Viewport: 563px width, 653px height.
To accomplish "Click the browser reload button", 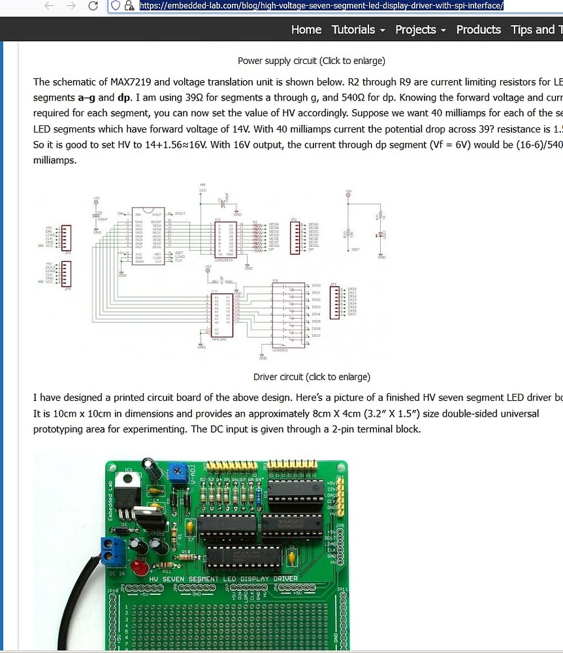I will tap(93, 6).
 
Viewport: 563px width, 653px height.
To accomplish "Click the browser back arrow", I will tap(48, 6).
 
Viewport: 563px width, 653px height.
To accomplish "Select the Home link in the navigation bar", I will tap(306, 29).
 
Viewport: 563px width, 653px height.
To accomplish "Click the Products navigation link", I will tap(478, 29).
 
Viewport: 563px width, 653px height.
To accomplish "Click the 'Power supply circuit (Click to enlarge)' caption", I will tap(311, 61).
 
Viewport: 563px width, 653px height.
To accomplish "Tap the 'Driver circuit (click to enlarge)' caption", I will tap(312, 377).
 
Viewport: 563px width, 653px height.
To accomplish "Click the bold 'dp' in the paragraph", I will tap(124, 97).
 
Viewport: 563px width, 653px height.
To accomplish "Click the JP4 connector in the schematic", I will tap(65, 238).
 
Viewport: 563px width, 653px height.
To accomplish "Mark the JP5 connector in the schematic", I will tap(65, 274).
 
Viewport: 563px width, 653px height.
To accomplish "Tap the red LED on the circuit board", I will tap(140, 567).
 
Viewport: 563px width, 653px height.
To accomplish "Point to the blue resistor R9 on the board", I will tap(259, 498).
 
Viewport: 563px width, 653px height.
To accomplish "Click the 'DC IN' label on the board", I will tap(118, 573).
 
